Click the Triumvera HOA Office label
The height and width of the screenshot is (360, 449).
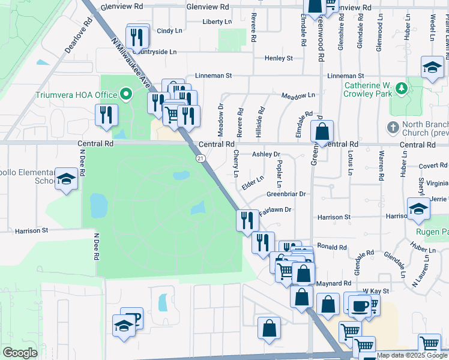tap(76, 95)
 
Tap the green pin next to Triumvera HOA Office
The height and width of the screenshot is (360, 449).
tap(125, 94)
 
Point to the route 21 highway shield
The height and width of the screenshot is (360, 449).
tap(200, 158)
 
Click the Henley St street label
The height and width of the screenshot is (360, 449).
tap(279, 58)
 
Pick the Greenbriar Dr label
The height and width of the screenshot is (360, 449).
tap(286, 194)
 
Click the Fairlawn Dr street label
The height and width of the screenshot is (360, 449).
tap(275, 210)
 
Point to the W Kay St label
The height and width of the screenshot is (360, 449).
tap(376, 291)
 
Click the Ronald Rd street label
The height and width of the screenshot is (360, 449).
tap(331, 247)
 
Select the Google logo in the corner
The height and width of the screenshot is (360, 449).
tap(20, 353)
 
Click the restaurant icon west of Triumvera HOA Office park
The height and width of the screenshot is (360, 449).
tap(106, 114)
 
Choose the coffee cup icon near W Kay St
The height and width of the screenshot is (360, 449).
tap(360, 305)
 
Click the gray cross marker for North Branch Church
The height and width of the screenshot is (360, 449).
tap(393, 127)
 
